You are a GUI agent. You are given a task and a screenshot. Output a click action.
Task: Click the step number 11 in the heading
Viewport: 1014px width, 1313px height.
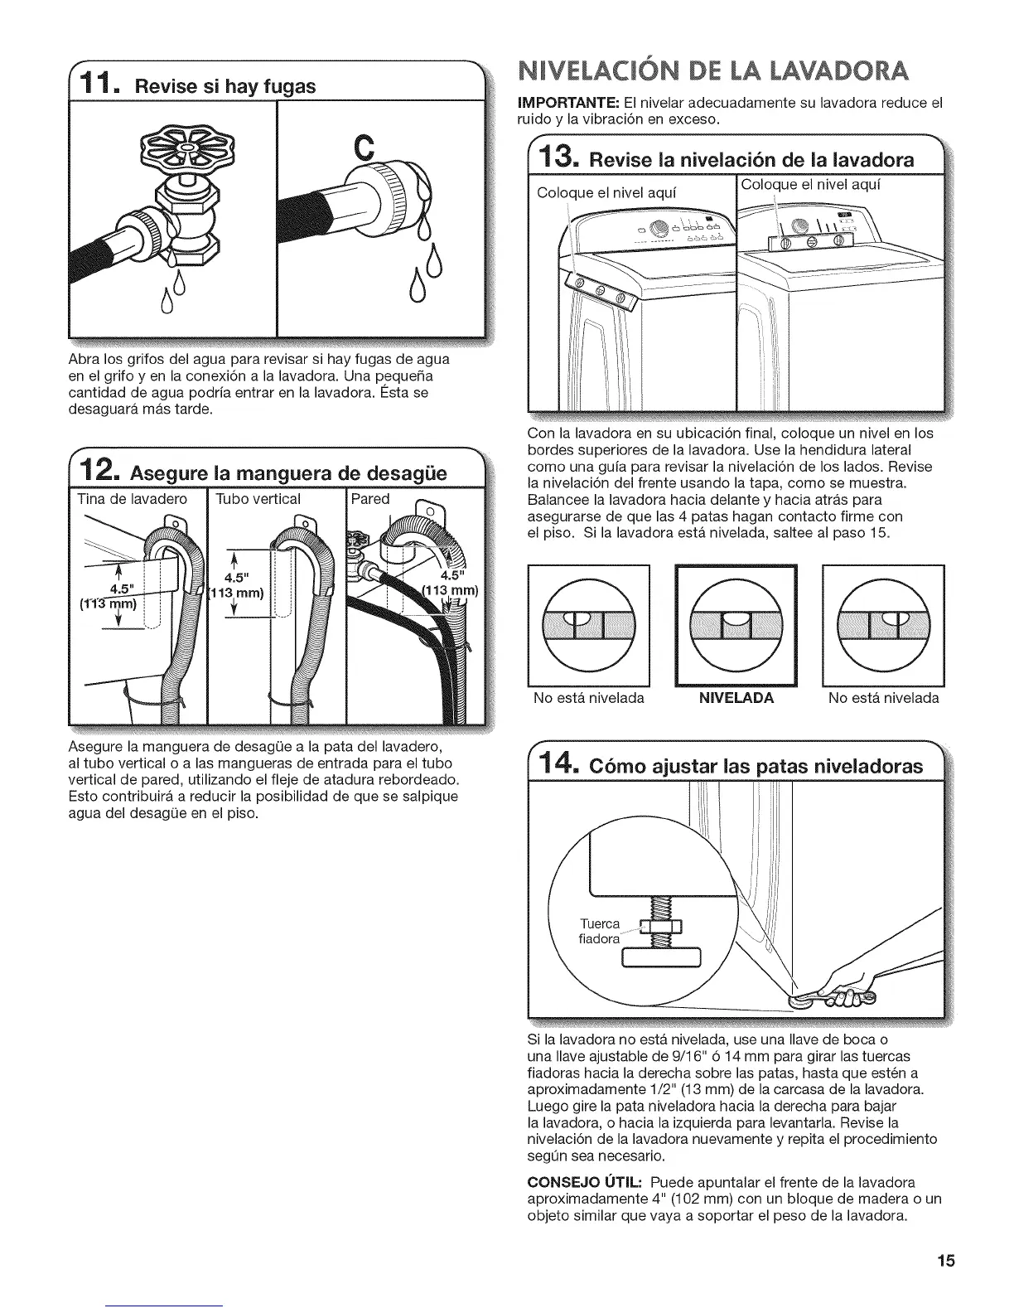[x=101, y=84]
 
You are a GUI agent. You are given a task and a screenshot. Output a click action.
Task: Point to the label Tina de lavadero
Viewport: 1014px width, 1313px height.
[x=132, y=500]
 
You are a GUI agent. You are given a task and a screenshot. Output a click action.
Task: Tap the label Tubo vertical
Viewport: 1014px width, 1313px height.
[x=258, y=500]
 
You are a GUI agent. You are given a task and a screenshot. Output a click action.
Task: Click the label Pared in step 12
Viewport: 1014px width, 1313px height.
[x=369, y=500]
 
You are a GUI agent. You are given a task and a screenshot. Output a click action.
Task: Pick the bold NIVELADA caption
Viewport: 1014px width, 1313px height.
[x=736, y=698]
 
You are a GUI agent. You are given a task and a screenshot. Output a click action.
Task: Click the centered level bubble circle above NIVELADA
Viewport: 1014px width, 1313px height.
[x=736, y=624]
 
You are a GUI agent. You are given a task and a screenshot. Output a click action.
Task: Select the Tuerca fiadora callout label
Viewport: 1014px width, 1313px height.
[x=599, y=931]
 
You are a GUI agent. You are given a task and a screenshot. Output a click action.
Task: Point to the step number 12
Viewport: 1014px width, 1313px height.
[x=100, y=471]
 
